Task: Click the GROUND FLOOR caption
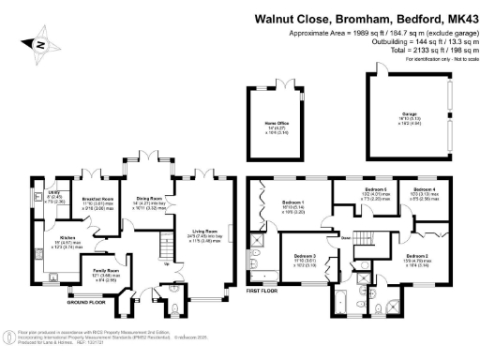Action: click(84, 302)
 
